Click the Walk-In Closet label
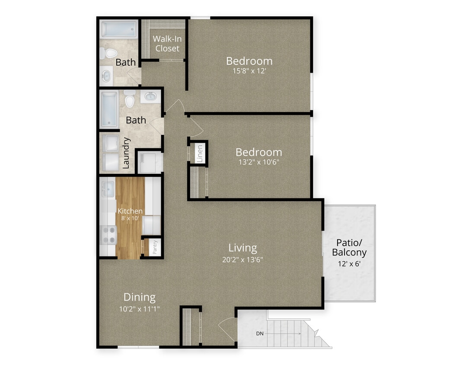[x=167, y=44]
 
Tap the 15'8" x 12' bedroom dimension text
[x=249, y=71]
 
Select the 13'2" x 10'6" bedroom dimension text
[x=258, y=162]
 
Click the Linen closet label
[x=200, y=154]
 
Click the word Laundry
[x=126, y=153]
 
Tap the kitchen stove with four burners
[x=109, y=235]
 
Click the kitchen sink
[x=107, y=189]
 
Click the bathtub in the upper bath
[x=119, y=29]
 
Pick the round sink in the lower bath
[x=150, y=96]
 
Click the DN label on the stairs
[x=260, y=333]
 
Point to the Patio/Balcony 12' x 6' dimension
[x=350, y=264]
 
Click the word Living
[x=242, y=248]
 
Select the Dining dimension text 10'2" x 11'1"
[x=139, y=309]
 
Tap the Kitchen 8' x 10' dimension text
[x=130, y=218]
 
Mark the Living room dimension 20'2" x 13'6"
[x=242, y=259]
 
